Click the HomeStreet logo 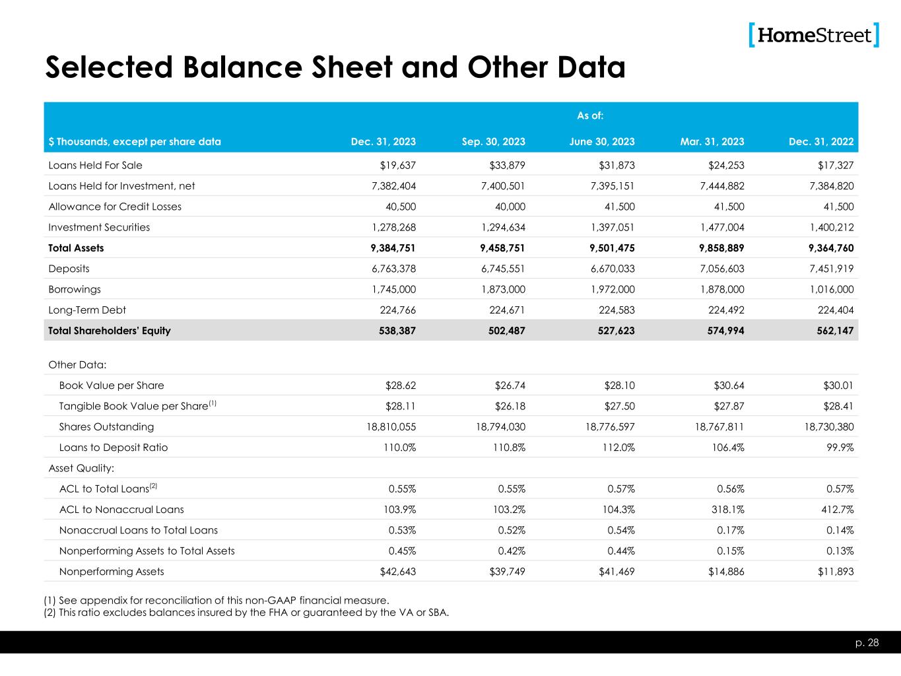click(x=815, y=35)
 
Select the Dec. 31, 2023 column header click(x=383, y=141)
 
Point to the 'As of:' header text click(x=590, y=116)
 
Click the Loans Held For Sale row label click(x=95, y=165)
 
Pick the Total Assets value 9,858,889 click(x=718, y=248)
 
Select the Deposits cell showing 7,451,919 click(x=828, y=269)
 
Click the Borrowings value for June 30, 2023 click(x=609, y=289)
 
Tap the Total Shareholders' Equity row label click(x=110, y=331)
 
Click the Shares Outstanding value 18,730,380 click(x=822, y=426)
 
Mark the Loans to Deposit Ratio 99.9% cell click(x=839, y=448)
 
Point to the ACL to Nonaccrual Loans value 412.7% click(x=836, y=510)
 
